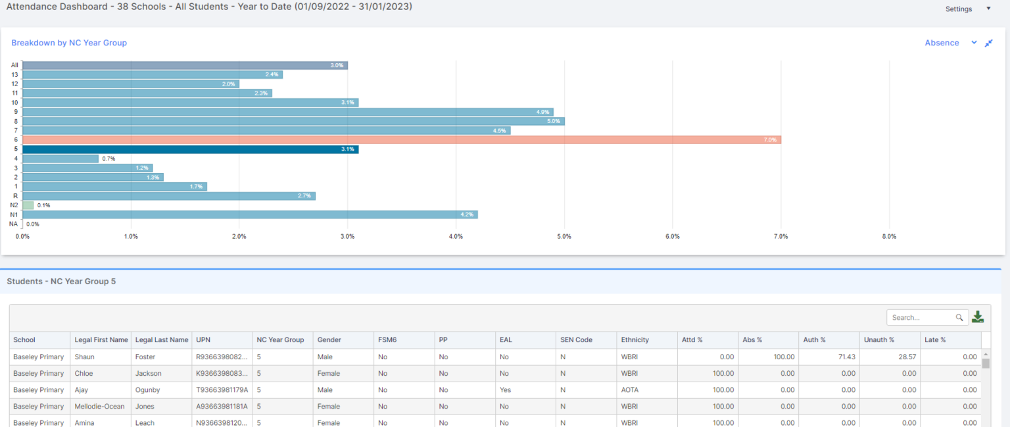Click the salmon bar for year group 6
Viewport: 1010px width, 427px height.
(x=401, y=140)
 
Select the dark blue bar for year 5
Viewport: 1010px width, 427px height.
(x=191, y=149)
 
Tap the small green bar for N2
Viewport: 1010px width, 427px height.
(x=28, y=205)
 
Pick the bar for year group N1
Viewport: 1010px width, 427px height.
(x=250, y=214)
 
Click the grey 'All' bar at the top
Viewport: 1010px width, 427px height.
(x=184, y=65)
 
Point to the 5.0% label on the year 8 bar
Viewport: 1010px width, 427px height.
(x=553, y=122)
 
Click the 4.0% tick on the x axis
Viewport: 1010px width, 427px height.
(x=456, y=236)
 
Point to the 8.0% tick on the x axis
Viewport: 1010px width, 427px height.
(x=889, y=236)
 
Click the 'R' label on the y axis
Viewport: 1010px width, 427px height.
(x=15, y=196)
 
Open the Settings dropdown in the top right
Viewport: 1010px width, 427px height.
(x=967, y=9)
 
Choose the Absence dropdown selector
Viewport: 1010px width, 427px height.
(x=950, y=43)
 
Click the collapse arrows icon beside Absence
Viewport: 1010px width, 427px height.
(x=988, y=43)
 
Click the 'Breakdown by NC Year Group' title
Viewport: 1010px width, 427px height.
(x=69, y=43)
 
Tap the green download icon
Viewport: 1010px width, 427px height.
(x=978, y=317)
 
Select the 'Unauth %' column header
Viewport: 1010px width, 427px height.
(x=878, y=340)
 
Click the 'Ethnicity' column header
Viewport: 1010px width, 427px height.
(x=635, y=340)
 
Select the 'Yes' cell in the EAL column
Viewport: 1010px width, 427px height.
(x=505, y=389)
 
